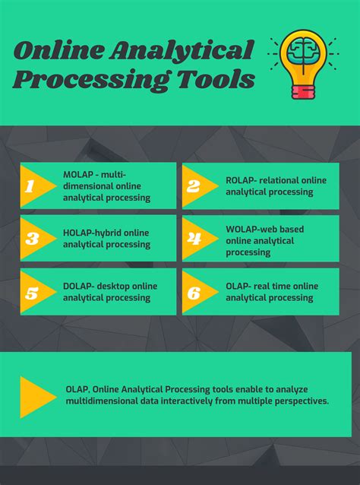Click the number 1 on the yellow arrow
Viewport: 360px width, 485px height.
pos(30,185)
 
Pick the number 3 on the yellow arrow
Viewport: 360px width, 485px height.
pos(31,238)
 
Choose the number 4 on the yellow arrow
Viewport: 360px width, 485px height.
pos(194,238)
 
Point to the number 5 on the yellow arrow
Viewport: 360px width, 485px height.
pos(31,291)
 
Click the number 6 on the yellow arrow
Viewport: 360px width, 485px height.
pos(194,291)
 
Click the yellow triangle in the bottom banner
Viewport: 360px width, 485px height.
pos(36,396)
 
